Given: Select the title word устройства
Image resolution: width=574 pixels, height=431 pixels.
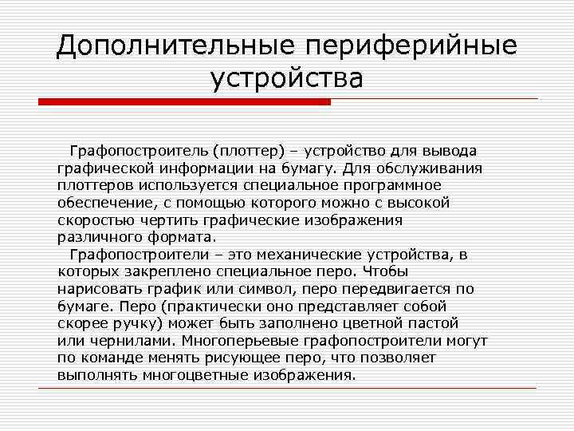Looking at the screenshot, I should (287, 79).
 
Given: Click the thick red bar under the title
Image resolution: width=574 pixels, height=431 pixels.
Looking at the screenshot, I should (184, 102).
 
